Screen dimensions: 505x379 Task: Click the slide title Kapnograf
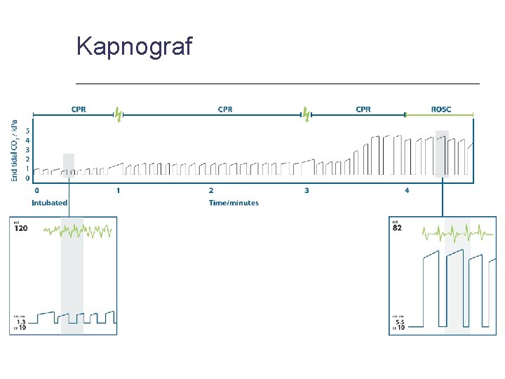tap(134, 46)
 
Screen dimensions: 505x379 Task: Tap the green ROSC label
tap(441, 109)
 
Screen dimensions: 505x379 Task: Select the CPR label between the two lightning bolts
tap(225, 109)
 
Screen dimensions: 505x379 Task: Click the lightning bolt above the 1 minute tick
tap(118, 113)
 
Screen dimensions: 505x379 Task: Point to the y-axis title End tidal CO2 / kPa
tap(15, 150)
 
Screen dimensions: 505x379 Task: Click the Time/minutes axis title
tap(234, 203)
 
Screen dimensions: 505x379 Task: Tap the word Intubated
tap(50, 203)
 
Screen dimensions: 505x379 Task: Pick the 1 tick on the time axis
tap(118, 190)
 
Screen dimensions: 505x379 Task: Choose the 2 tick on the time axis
tap(211, 190)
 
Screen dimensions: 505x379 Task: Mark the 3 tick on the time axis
tap(307, 190)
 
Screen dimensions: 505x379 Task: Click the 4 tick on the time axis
tap(407, 190)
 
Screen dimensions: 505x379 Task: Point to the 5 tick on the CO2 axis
tap(27, 131)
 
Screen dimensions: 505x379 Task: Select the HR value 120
tap(21, 229)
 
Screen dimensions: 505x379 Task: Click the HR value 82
tap(397, 229)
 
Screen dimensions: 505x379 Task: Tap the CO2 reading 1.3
tap(21, 321)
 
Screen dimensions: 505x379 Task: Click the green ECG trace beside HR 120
tap(77, 230)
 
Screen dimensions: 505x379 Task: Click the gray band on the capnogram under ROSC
tap(442, 153)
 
